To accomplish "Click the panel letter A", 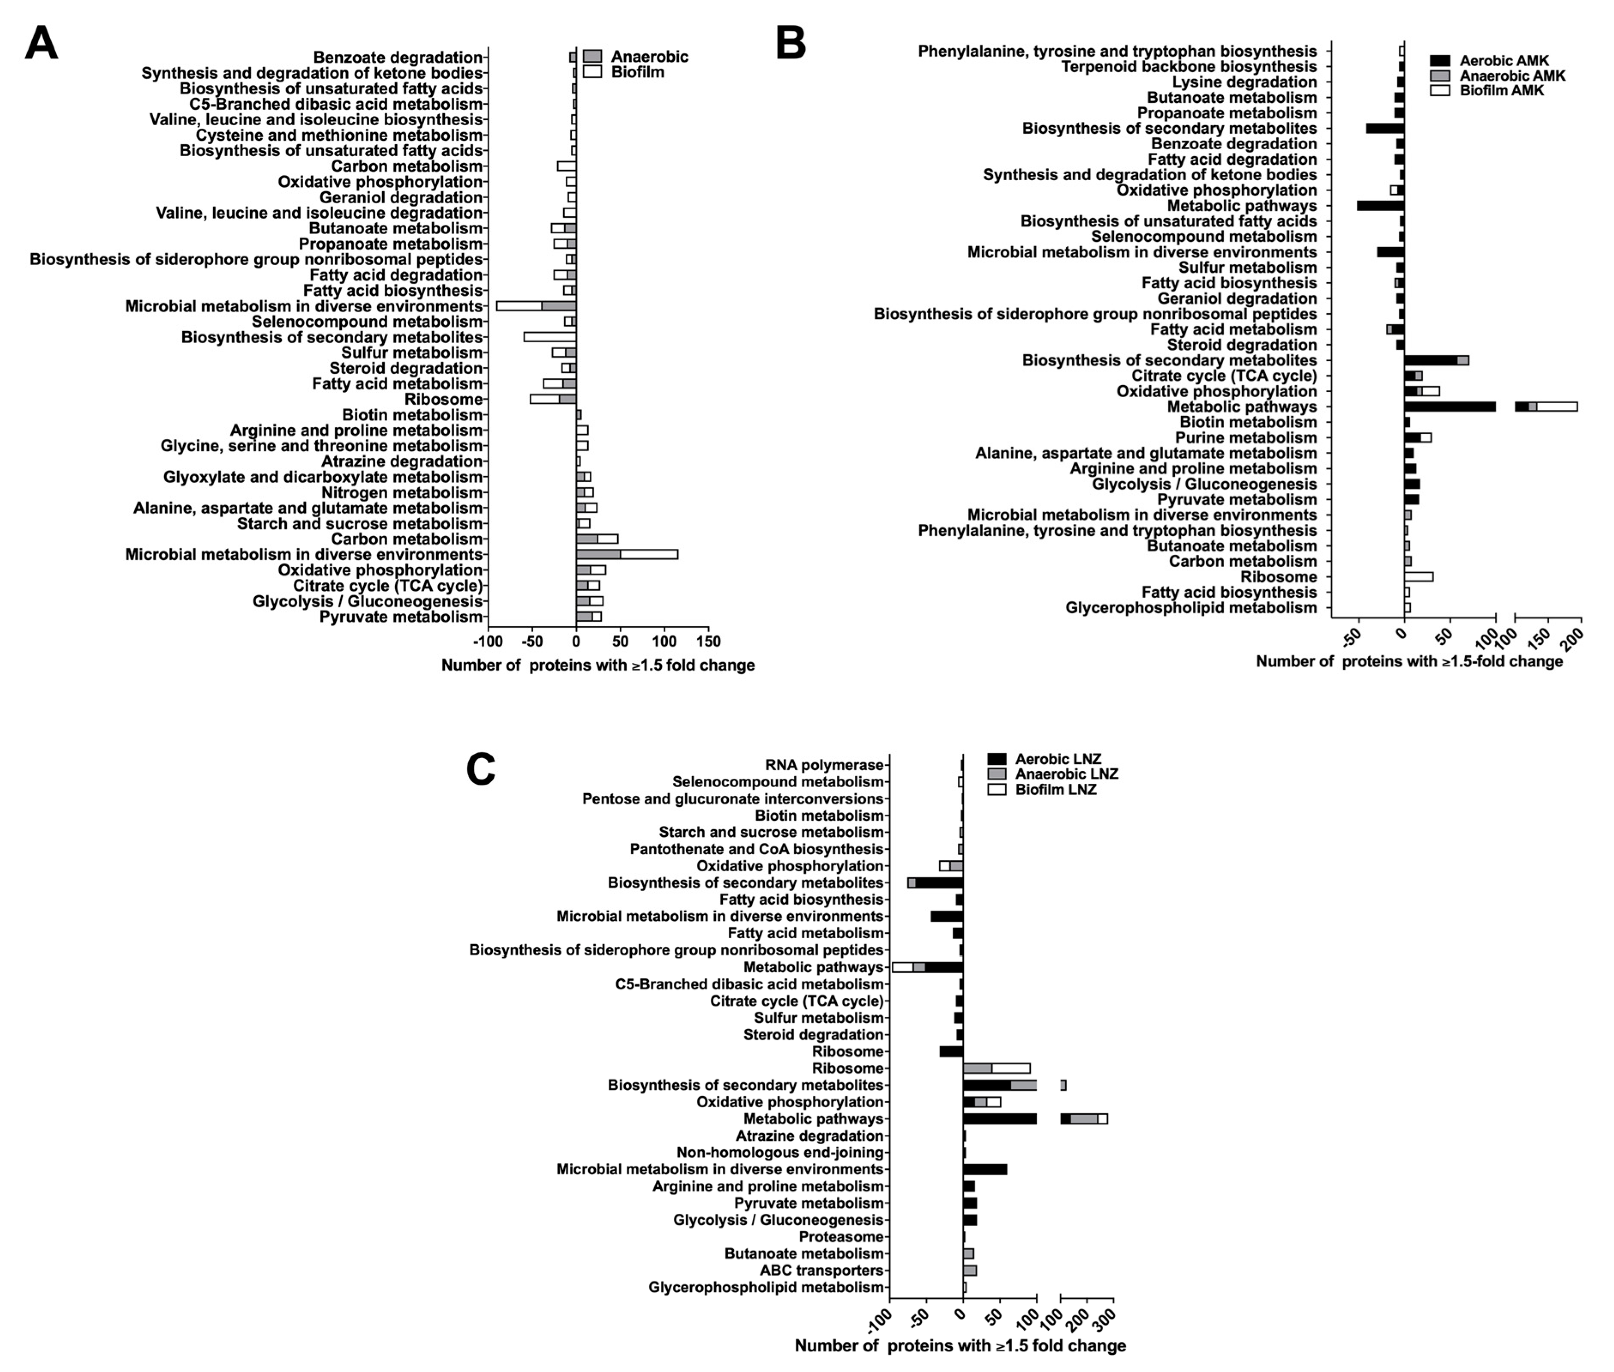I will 41,44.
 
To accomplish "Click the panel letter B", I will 790,44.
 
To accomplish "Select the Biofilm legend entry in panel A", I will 637,73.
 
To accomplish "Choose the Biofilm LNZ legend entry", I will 1055,789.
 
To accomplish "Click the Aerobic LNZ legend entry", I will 1057,759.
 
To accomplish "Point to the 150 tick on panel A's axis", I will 708,642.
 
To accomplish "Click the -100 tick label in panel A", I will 488,642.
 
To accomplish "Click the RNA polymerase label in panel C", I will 824,765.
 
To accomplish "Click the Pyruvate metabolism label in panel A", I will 401,617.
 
